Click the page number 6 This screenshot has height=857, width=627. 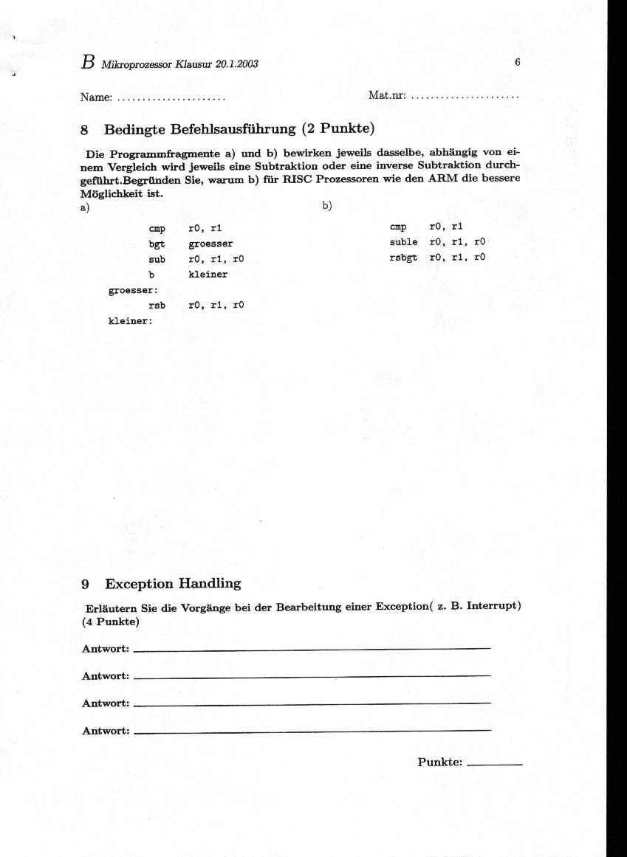coord(518,63)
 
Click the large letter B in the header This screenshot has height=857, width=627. coord(88,63)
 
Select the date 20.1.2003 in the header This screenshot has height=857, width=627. coord(236,64)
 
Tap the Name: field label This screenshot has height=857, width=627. coord(96,97)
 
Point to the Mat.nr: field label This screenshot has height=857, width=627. coord(386,96)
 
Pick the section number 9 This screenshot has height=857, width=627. coord(86,584)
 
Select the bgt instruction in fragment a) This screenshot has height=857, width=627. coord(156,244)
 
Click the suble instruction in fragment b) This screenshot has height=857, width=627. coord(403,242)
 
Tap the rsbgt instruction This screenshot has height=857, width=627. coord(403,257)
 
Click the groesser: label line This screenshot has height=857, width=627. coord(129,290)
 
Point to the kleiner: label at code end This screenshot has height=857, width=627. coord(130,321)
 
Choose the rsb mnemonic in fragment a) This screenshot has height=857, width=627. coord(156,305)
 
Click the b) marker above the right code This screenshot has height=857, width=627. coord(327,207)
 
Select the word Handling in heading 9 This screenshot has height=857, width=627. coord(209,584)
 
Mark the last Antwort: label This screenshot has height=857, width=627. coord(106,731)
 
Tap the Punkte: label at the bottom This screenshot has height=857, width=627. coord(439,762)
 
